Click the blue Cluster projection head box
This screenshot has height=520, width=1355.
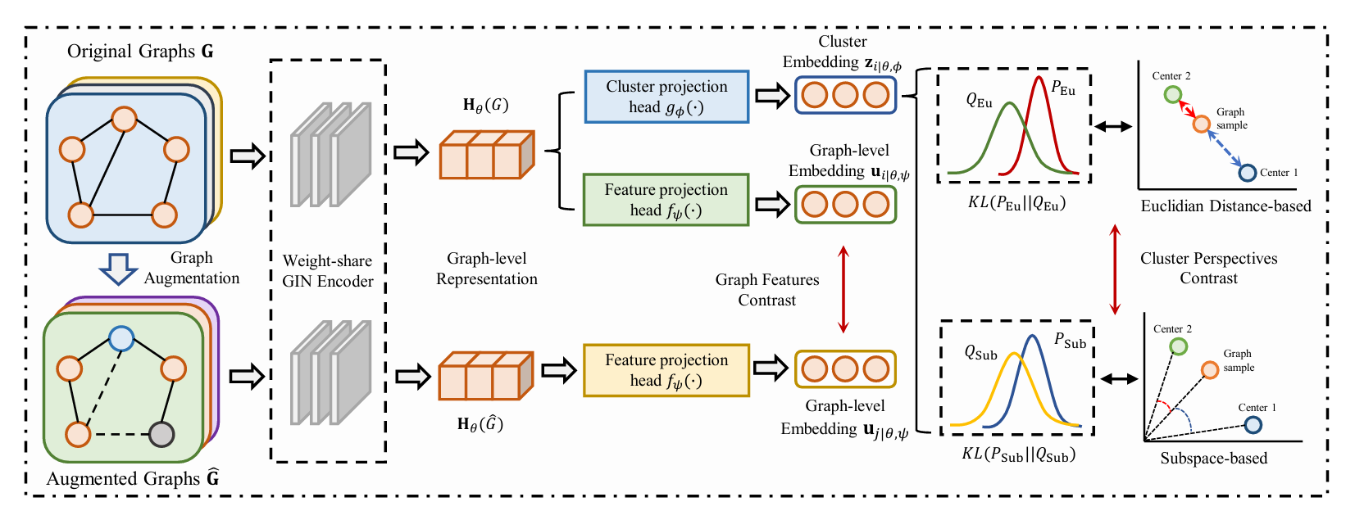[x=666, y=97]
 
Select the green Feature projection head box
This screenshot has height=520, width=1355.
[x=666, y=200]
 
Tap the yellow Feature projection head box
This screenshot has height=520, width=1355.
[x=666, y=370]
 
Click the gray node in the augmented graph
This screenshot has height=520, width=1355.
[x=161, y=434]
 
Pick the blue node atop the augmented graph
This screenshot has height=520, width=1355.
[x=121, y=338]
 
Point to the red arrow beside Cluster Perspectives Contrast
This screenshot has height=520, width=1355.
[x=1115, y=269]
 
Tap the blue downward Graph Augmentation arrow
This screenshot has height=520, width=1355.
[x=118, y=268]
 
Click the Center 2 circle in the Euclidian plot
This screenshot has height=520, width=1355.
[x=1173, y=94]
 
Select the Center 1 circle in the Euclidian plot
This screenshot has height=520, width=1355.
[x=1247, y=173]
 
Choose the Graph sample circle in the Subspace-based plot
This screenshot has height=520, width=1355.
[x=1210, y=370]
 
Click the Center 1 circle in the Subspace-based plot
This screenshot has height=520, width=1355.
[x=1253, y=424]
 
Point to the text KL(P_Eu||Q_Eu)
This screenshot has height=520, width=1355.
[x=1016, y=202]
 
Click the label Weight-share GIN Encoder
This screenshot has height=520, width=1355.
[x=328, y=271]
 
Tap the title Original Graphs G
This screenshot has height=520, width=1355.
[x=140, y=52]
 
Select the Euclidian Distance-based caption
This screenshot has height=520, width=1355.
[x=1225, y=206]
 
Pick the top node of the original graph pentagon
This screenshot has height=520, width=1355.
[x=124, y=119]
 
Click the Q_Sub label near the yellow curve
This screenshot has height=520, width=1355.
[x=980, y=353]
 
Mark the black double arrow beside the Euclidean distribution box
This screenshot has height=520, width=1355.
[x=1113, y=126]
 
